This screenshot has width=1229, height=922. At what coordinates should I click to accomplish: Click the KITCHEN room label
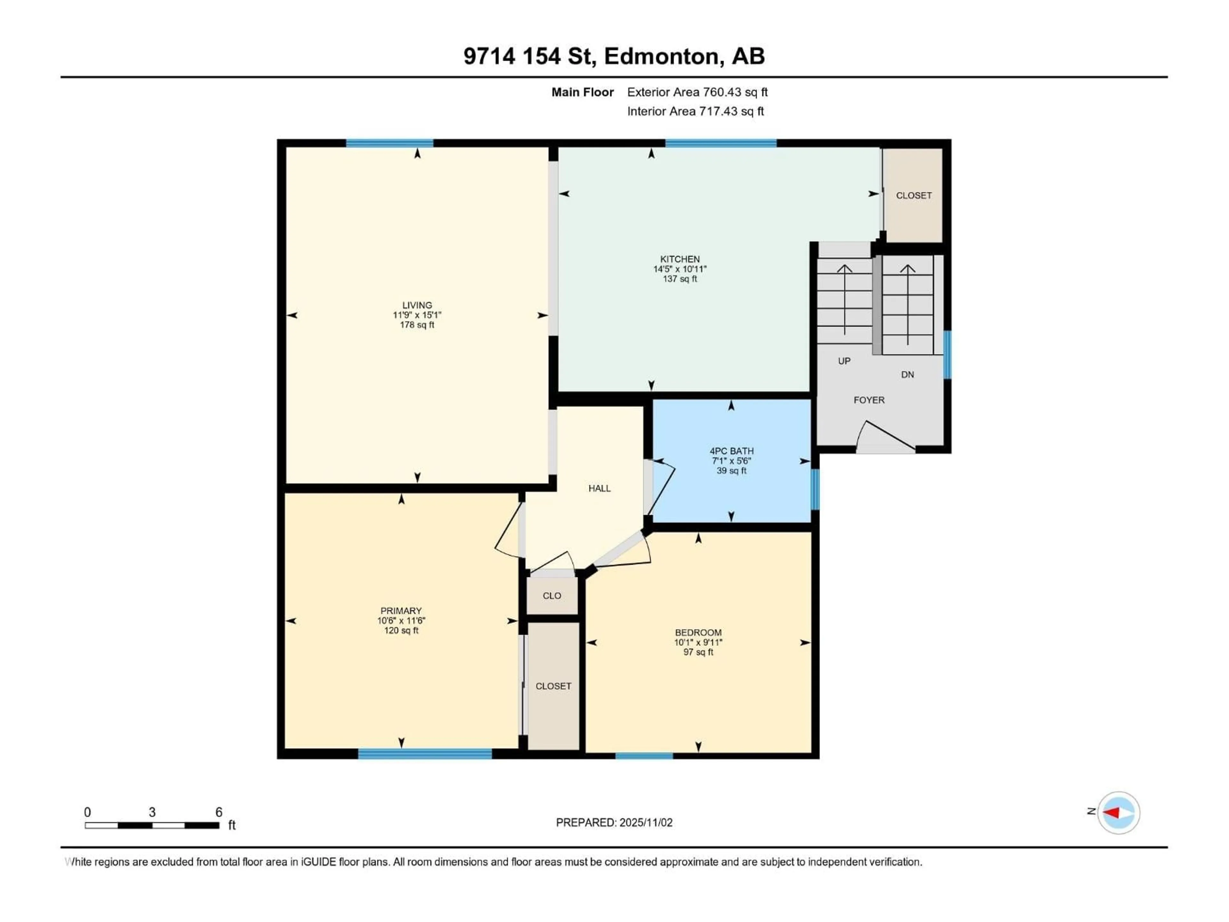click(679, 259)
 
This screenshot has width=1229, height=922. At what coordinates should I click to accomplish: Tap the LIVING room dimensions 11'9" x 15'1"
click(417, 315)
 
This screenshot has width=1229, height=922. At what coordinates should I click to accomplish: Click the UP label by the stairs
click(844, 361)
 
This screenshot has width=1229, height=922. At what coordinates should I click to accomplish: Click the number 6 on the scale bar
click(219, 812)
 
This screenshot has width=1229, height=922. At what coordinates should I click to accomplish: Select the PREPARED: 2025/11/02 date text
click(614, 822)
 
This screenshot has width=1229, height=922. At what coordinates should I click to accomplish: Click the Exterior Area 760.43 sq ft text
click(697, 92)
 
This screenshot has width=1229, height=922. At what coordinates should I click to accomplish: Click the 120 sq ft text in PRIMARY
click(401, 630)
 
